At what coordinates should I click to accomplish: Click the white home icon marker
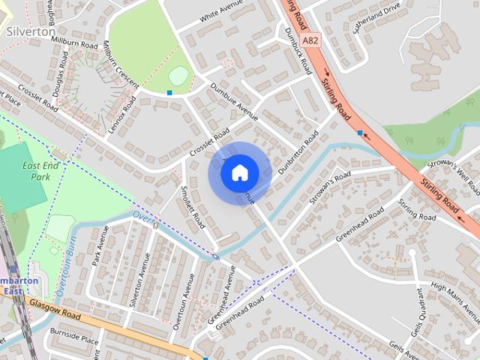tap(239, 173)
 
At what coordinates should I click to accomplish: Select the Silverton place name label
tap(30, 32)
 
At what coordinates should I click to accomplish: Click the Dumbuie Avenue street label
tap(234, 102)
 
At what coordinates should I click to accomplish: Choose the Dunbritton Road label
tap(298, 153)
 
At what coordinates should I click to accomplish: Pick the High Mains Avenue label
tap(454, 295)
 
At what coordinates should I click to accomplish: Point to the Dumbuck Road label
tap(298, 49)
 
